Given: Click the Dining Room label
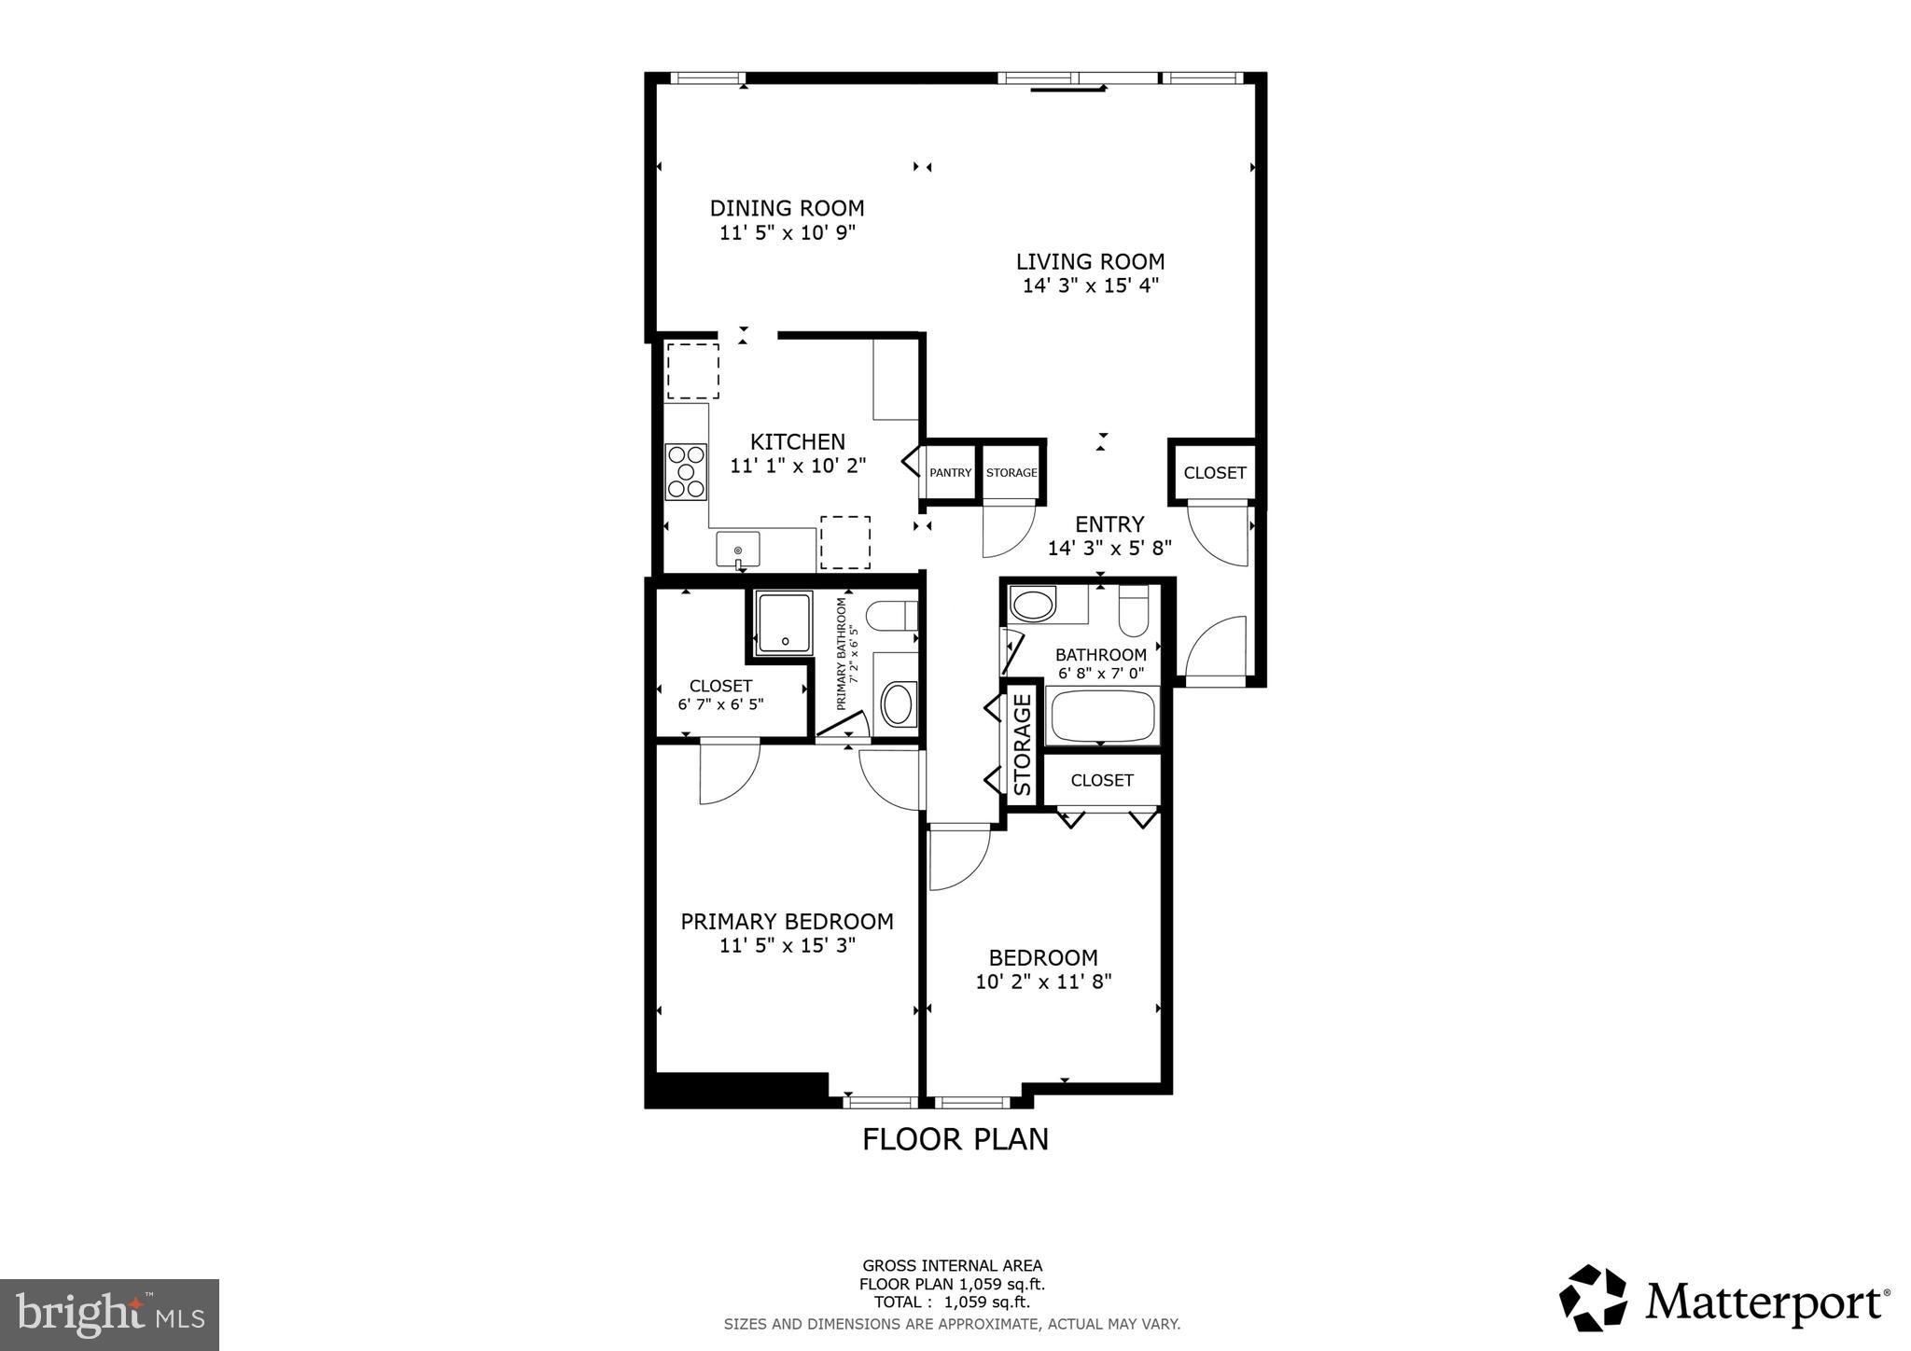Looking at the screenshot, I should click(787, 208).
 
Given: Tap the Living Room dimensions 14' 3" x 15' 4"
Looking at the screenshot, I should click(1090, 286).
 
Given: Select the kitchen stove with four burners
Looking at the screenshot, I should click(686, 472).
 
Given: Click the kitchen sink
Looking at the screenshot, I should click(738, 549).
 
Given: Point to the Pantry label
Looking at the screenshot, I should click(950, 473).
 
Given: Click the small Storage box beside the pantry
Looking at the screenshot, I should click(1011, 473).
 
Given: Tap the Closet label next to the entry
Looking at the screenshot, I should click(1214, 473).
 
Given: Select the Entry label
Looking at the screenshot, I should click(1109, 524).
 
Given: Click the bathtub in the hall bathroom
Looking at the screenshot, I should click(1102, 716).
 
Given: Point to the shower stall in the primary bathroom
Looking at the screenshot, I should click(784, 622).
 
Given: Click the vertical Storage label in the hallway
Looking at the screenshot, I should click(1023, 744).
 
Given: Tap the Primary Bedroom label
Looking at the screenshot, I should click(787, 922).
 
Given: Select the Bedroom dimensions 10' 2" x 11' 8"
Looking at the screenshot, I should click(1043, 982).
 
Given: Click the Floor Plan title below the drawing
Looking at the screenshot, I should click(955, 1139).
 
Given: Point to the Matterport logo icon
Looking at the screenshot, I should click(1593, 1298).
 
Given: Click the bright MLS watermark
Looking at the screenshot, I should click(109, 1315).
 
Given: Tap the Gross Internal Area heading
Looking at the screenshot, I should click(952, 1266).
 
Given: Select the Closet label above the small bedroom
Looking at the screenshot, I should click(1102, 780).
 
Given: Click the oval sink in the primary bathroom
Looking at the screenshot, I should click(898, 704).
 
